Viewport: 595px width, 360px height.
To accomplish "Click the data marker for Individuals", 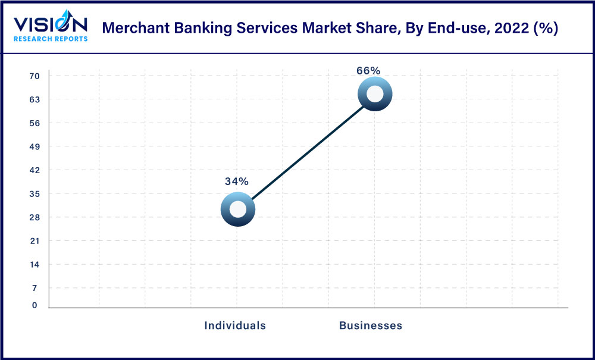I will [x=237, y=209].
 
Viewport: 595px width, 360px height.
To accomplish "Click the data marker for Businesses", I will [x=375, y=93].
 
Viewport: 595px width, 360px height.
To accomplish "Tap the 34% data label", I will [x=236, y=181].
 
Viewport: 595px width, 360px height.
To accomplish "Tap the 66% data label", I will [x=368, y=70].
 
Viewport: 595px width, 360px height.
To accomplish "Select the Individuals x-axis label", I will [x=235, y=325].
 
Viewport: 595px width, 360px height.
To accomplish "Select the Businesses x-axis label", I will [x=371, y=325].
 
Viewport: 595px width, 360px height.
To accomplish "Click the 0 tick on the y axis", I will [x=35, y=305].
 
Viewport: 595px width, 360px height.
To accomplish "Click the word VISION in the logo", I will [x=51, y=24].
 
